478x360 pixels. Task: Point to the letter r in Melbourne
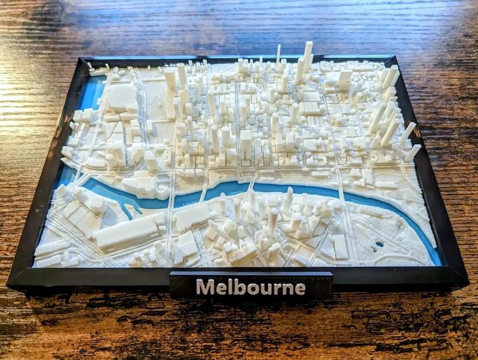[275, 288]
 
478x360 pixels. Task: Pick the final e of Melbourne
[299, 288]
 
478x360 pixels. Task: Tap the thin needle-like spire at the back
[278, 55]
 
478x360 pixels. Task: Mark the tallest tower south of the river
[272, 221]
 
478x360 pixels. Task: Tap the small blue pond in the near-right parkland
[379, 245]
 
